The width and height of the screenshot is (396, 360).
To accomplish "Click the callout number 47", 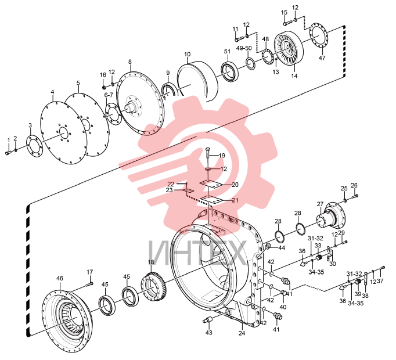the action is (x=322, y=58).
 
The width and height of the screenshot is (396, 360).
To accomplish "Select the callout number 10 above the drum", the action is (x=188, y=54).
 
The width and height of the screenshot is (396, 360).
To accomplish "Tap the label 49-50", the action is (x=244, y=48).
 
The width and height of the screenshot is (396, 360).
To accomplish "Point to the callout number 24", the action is (x=242, y=333).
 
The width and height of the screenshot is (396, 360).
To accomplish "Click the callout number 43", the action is (x=209, y=333).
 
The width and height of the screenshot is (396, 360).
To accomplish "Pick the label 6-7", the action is (x=109, y=95).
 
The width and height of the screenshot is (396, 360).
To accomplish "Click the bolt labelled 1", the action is (x=8, y=153).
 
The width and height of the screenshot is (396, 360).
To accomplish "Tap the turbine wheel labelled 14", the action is (x=289, y=51).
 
